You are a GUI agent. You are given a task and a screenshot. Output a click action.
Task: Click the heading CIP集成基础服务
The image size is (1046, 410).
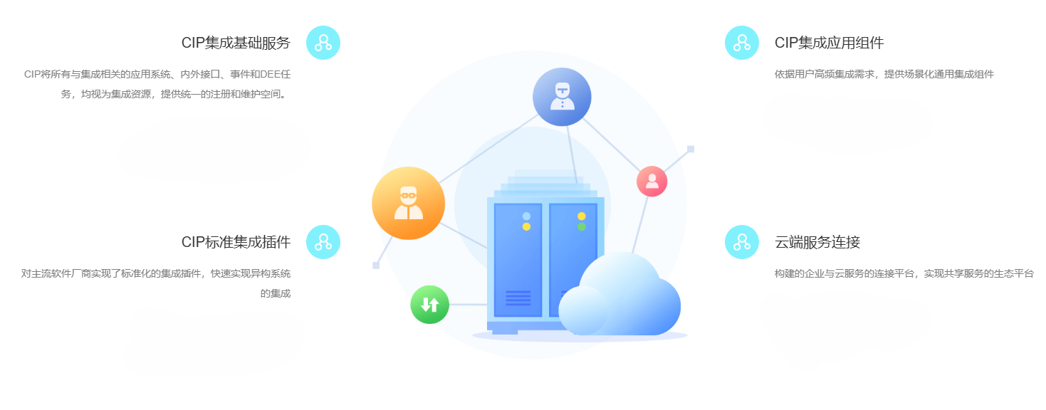pos(236,43)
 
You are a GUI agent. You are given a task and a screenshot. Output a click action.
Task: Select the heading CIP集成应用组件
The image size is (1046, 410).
pos(829,43)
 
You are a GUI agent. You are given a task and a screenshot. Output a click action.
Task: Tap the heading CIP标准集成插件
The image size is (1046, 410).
pos(236,242)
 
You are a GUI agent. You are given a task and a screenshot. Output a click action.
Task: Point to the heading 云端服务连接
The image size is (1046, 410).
pos(817,242)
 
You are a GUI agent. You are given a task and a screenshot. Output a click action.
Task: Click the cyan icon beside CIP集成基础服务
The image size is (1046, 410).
pos(323,43)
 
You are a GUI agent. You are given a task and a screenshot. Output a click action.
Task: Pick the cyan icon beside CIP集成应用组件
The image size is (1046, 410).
pos(741,43)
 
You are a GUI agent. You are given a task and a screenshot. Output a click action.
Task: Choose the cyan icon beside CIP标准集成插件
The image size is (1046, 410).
pos(323,242)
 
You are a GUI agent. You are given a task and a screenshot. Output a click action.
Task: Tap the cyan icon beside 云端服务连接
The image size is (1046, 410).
pos(741,242)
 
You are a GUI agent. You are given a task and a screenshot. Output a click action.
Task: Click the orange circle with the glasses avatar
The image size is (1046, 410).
pos(408,203)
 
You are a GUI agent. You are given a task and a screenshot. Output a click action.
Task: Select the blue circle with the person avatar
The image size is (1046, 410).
pos(562,97)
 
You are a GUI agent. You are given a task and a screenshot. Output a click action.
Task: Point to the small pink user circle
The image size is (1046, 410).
pos(652,182)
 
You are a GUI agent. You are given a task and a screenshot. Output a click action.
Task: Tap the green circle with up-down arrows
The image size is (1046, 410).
pos(429,305)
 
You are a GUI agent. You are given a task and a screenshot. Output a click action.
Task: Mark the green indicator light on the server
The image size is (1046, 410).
pos(581,227)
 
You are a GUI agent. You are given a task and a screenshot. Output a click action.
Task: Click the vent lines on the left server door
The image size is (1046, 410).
pos(518,298)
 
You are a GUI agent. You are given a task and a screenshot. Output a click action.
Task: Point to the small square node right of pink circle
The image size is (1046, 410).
pos(691,149)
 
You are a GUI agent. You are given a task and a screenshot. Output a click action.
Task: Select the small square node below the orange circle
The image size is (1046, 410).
pos(376,266)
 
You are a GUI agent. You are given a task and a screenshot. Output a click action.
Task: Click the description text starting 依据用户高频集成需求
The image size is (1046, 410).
pos(884,74)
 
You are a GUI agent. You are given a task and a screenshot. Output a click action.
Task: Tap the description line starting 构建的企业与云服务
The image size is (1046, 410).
pos(904,273)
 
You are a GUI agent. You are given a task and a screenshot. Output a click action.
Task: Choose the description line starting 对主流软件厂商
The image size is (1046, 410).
pos(155,273)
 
